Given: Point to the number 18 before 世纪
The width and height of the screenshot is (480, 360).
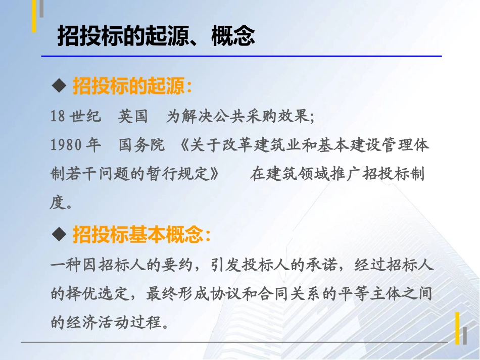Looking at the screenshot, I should (x=58, y=117).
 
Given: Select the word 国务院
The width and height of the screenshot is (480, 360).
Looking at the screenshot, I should (x=141, y=145).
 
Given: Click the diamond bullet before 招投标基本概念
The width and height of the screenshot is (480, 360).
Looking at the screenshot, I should (x=60, y=234).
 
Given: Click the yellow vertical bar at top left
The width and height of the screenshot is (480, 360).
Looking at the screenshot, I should (x=34, y=15).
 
